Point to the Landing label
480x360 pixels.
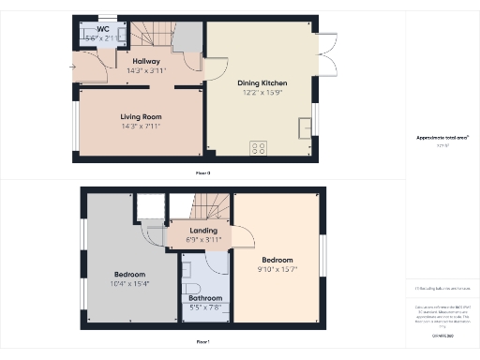(203, 230)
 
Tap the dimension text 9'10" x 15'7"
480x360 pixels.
(277, 269)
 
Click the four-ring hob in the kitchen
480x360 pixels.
(259, 148)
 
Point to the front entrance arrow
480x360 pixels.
(74, 67)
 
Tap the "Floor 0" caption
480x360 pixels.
(202, 173)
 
